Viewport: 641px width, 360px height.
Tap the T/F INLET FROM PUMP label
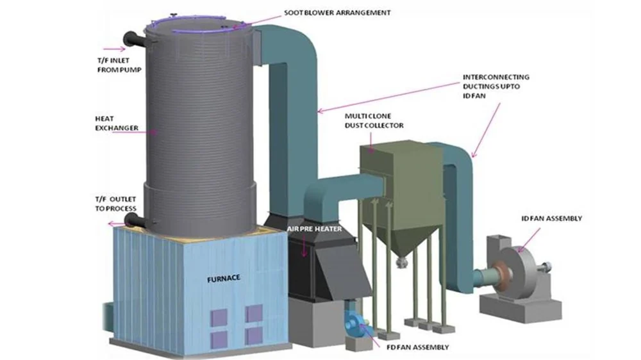point(114,65)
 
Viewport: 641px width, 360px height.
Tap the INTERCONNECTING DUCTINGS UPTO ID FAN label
point(495,86)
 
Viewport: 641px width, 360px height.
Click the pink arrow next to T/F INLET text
point(114,49)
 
